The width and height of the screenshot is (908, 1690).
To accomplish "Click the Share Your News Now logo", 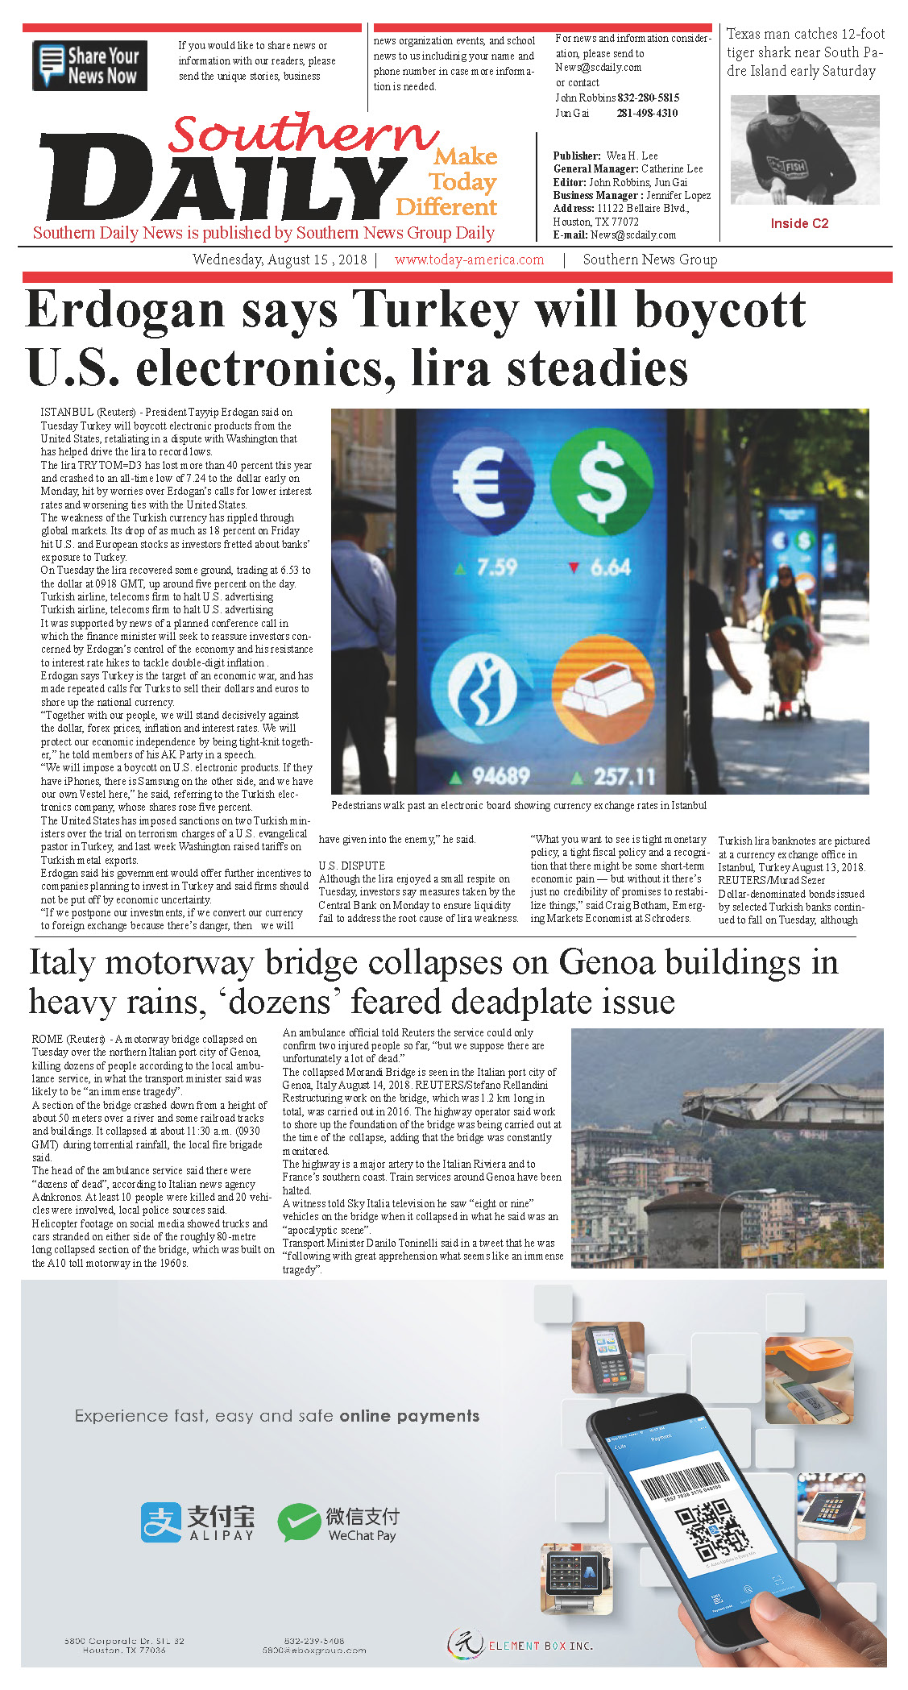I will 89,65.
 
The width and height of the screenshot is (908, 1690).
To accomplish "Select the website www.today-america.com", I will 469,260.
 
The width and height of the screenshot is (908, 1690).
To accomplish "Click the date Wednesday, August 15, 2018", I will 279,260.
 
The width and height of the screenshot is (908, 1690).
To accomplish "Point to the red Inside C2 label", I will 799,223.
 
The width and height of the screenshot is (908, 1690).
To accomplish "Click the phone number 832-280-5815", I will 648,98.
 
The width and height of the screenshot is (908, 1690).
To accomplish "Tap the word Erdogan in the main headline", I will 126,310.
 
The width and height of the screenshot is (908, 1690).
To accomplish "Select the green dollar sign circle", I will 602,479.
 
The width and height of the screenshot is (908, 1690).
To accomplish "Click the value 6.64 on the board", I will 610,567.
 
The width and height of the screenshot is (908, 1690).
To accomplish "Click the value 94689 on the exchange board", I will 500,776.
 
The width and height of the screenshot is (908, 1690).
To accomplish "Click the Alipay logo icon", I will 161,1522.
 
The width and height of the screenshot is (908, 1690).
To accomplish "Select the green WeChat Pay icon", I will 298,1522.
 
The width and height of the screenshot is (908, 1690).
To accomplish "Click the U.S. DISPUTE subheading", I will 352,866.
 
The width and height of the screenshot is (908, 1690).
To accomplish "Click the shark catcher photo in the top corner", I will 804,150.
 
